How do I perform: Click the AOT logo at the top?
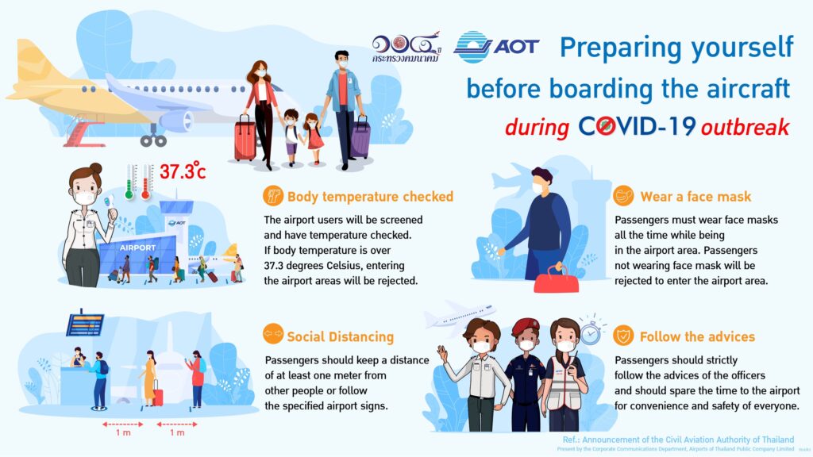[x=496, y=47]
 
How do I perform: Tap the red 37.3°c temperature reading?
[x=183, y=171]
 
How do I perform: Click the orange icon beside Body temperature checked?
[x=273, y=197]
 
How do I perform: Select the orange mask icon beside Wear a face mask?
[x=622, y=197]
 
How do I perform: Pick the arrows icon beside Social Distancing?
[x=273, y=334]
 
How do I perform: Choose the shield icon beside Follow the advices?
[x=622, y=336]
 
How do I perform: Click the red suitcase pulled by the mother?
[x=245, y=138]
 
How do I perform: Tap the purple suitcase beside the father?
[x=360, y=137]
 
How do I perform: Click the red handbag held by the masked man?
[x=557, y=280]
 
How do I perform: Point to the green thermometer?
[x=129, y=182]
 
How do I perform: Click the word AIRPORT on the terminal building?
[x=137, y=248]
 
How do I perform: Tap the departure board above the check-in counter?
[x=85, y=325]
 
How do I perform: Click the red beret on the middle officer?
[x=526, y=326]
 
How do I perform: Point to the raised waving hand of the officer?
[x=441, y=353]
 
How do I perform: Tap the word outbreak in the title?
[x=745, y=127]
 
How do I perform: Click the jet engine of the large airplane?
[x=176, y=121]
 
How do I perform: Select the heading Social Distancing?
[x=340, y=336]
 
